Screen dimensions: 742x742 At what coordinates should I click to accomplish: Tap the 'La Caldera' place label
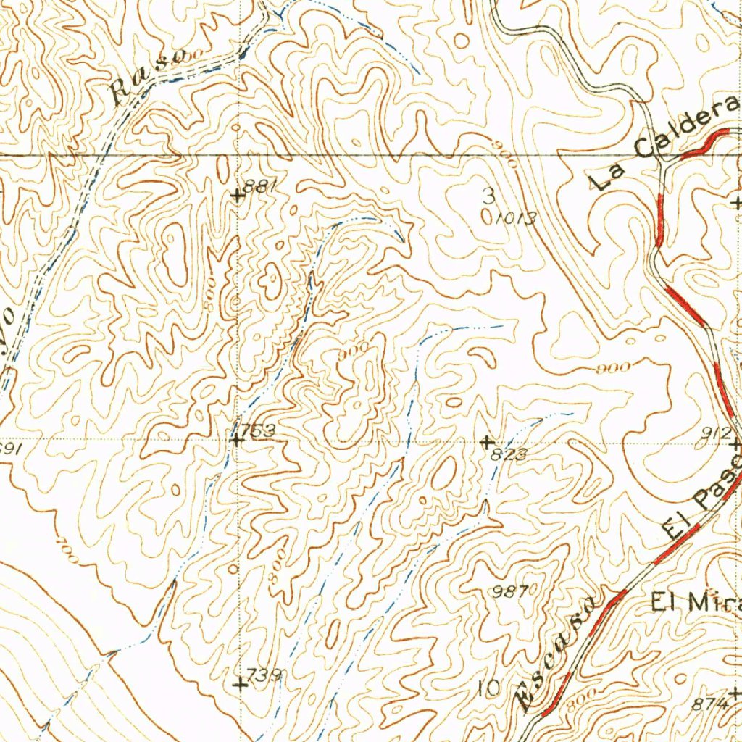pyautogui.click(x=663, y=144)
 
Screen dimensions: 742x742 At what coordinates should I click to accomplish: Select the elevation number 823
pyautogui.click(x=507, y=454)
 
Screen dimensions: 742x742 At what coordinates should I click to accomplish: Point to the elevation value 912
pyautogui.click(x=716, y=433)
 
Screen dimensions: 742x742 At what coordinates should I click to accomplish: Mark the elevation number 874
pyautogui.click(x=709, y=703)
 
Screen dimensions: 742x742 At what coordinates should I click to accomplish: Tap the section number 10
pyautogui.click(x=490, y=688)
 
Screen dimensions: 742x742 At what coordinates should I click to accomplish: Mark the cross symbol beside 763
pyautogui.click(x=236, y=439)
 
